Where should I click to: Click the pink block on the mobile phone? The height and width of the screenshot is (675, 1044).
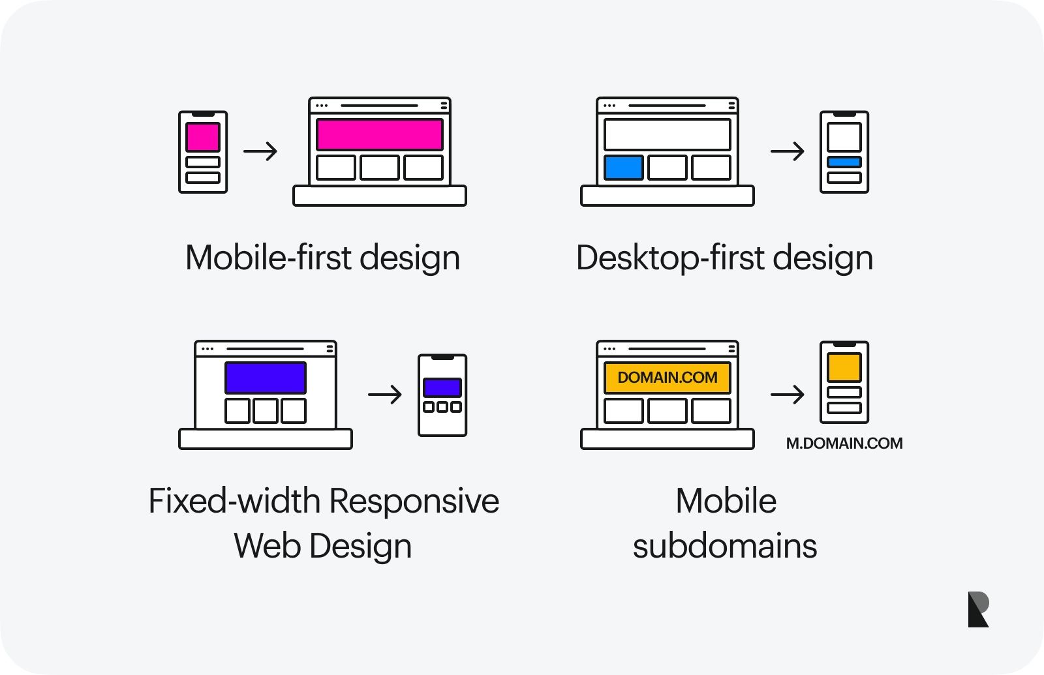pos(203,137)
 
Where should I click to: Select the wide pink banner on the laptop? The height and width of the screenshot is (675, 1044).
pos(379,134)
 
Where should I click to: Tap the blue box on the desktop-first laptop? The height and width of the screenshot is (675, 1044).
pos(624,168)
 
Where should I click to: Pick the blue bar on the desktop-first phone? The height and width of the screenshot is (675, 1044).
pos(844,162)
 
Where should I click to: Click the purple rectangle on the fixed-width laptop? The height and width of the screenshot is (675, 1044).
pos(265,378)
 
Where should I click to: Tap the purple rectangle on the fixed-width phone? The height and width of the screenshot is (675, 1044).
pos(442,387)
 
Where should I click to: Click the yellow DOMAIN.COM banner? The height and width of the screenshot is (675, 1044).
pos(667,378)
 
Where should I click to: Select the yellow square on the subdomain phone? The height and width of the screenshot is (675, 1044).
pos(844,367)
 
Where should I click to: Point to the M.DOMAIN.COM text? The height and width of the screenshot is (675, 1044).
pos(844,443)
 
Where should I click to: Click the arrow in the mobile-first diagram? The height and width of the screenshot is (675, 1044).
pos(260,151)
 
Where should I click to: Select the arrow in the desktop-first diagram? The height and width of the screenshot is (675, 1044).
pos(788,151)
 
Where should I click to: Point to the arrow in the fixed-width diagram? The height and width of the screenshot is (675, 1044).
pos(385,395)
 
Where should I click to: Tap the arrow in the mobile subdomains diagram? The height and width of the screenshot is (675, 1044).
pos(788,395)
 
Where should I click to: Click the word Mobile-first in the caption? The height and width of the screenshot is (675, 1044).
pos(268,258)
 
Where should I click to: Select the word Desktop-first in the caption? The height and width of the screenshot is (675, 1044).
pos(670,258)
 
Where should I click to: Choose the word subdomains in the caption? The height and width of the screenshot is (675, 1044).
pos(725,546)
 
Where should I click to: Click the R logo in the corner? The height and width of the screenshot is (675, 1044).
pos(978,609)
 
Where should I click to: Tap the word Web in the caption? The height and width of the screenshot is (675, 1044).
pos(267,546)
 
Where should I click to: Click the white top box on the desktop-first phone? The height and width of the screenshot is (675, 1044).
pos(844,137)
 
